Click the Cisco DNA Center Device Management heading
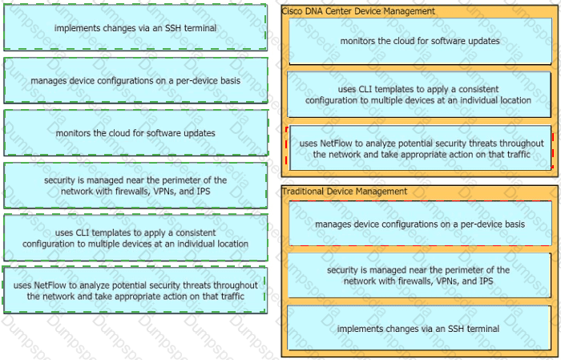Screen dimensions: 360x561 358,11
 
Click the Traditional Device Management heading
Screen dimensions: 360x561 345,192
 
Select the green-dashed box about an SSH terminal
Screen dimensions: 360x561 135,28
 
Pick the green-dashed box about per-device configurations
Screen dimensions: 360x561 135,80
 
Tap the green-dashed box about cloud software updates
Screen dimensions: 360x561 135,133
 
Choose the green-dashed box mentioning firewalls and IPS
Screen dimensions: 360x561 135,186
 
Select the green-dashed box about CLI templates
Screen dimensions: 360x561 135,238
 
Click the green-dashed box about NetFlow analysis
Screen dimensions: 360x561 135,290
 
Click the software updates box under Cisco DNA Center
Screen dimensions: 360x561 419,41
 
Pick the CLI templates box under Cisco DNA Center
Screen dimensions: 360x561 419,95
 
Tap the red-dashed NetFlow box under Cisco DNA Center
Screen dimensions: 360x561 421,148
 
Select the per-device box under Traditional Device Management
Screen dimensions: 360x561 419,224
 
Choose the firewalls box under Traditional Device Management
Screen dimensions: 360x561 419,276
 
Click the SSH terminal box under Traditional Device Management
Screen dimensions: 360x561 419,329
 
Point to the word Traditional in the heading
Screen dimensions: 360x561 303,192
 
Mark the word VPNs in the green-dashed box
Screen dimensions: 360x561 152,192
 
